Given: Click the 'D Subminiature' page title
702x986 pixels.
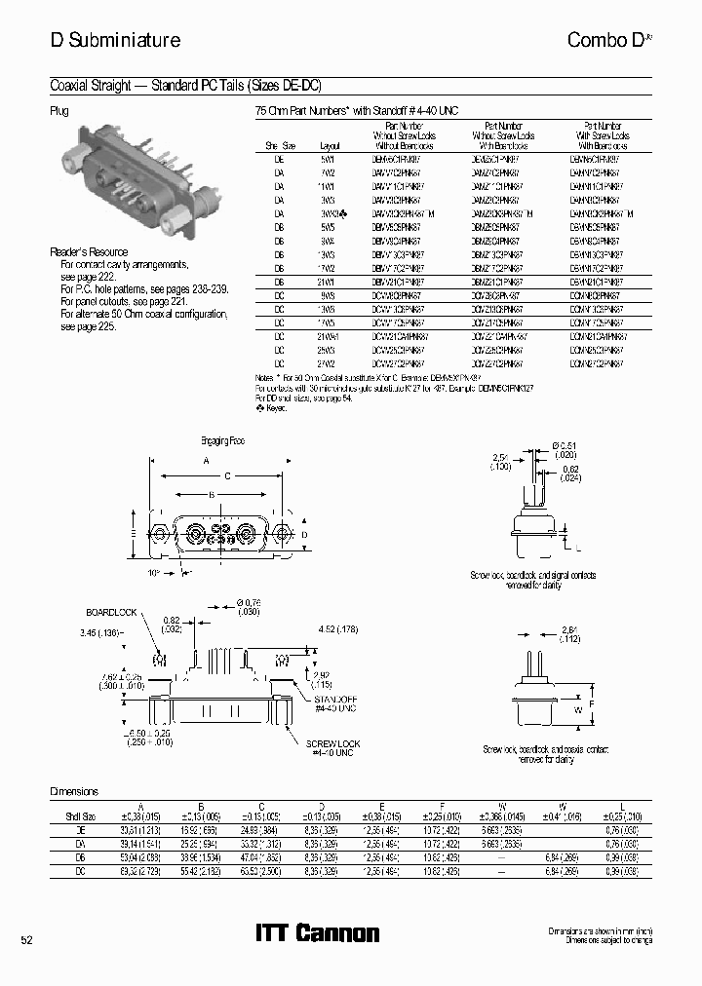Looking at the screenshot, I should pyautogui.click(x=115, y=40).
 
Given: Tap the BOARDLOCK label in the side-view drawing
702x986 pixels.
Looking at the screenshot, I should pyautogui.click(x=109, y=612).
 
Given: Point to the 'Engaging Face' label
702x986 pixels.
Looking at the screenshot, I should pyautogui.click(x=222, y=440).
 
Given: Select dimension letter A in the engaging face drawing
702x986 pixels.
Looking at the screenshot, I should pyautogui.click(x=206, y=459).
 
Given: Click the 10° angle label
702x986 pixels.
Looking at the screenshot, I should pyautogui.click(x=154, y=573).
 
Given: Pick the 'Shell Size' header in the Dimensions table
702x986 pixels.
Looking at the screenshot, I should pyautogui.click(x=79, y=815).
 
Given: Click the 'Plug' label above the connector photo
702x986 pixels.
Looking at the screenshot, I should pyautogui.click(x=58, y=111).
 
